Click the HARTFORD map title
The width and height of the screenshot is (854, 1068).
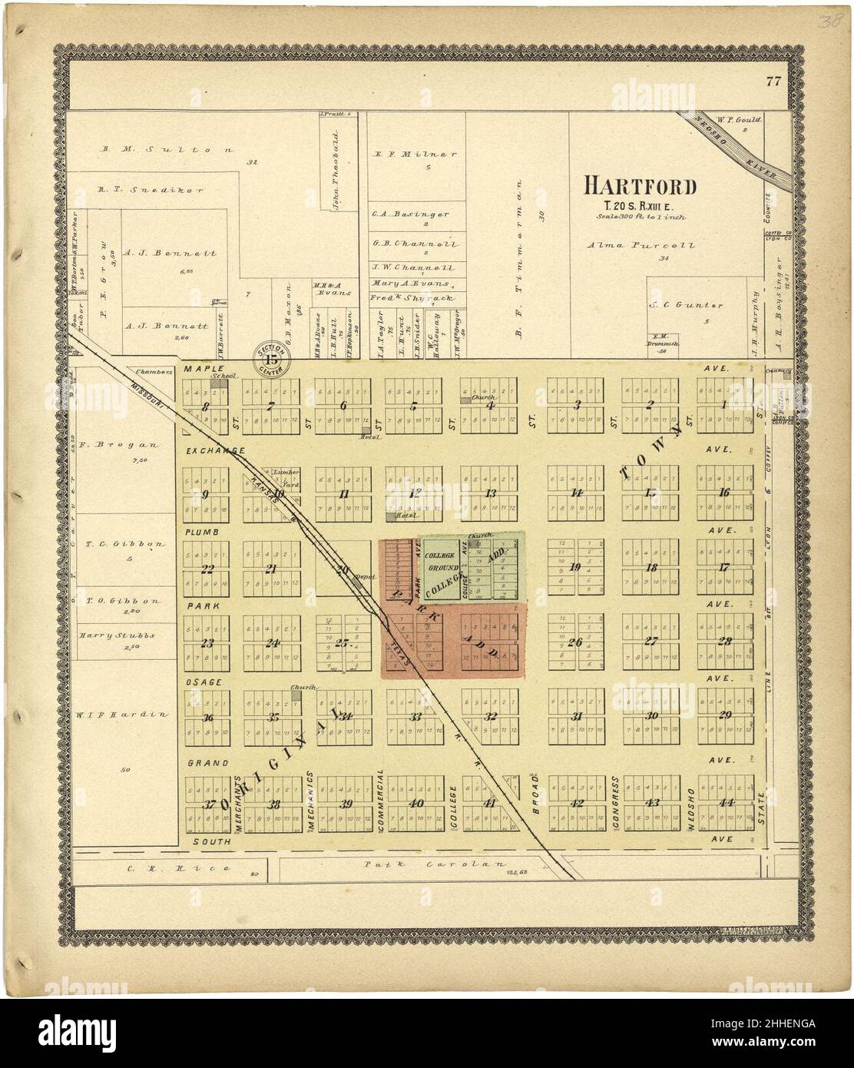point(640,186)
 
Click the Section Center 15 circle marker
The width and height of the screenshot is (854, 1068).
point(271,357)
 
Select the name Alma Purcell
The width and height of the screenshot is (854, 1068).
point(640,246)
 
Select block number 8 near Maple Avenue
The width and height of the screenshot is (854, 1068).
point(205,407)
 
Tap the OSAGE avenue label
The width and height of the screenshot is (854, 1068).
point(203,682)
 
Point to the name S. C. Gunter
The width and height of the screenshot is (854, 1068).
point(677,304)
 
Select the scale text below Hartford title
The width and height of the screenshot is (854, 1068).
point(640,217)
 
